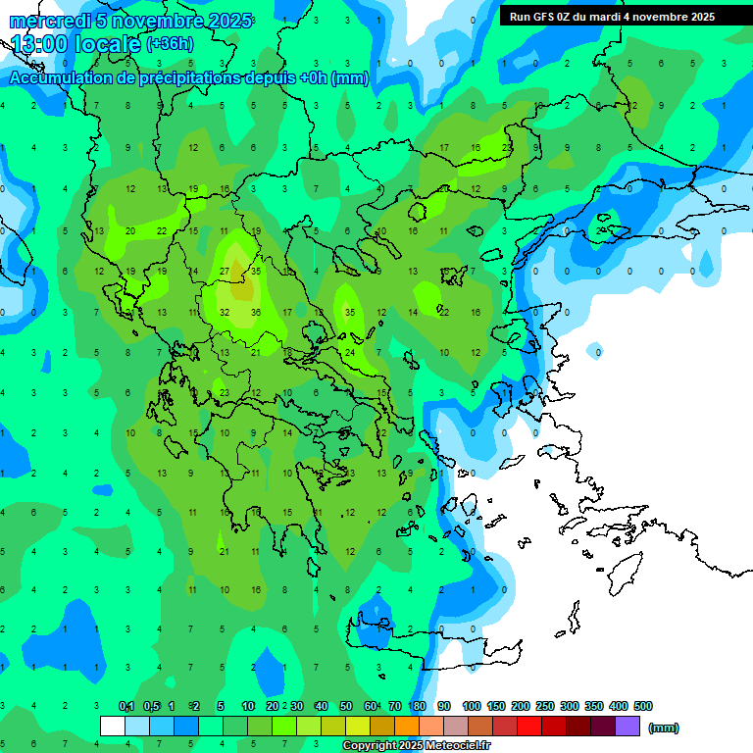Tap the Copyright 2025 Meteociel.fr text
click(x=416, y=746)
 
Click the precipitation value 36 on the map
click(x=255, y=313)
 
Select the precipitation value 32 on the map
click(x=225, y=313)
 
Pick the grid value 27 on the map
click(x=225, y=272)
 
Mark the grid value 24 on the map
click(x=349, y=352)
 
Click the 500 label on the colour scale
click(x=643, y=706)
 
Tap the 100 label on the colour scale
click(x=472, y=706)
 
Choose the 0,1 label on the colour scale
click(x=126, y=706)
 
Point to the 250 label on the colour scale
click(x=545, y=706)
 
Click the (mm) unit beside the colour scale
click(x=664, y=728)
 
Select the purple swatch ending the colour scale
click(x=627, y=727)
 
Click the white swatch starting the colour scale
click(x=113, y=727)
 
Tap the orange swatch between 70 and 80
click(x=407, y=727)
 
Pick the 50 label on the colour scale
click(x=345, y=706)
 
